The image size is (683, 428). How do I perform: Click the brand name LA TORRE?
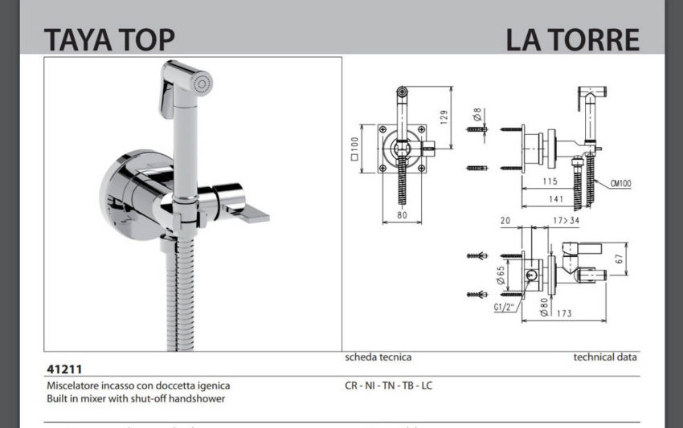pyautogui.click(x=572, y=39)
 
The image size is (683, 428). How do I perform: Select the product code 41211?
pyautogui.click(x=63, y=369)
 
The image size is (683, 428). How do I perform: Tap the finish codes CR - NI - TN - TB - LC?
pyautogui.click(x=389, y=385)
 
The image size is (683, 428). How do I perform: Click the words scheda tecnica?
pyautogui.click(x=378, y=357)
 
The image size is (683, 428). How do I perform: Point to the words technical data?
pyautogui.click(x=605, y=357)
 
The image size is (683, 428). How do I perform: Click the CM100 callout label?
pyautogui.click(x=619, y=184)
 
